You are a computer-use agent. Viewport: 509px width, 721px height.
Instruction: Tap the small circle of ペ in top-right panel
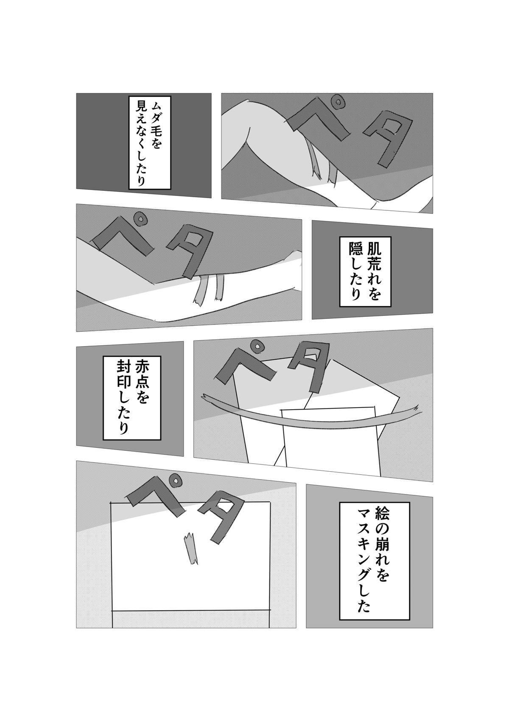coord(338,103)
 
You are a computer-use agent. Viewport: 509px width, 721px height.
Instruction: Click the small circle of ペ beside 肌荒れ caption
coord(141,219)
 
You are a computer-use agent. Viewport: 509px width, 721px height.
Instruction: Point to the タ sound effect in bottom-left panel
coord(221,517)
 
